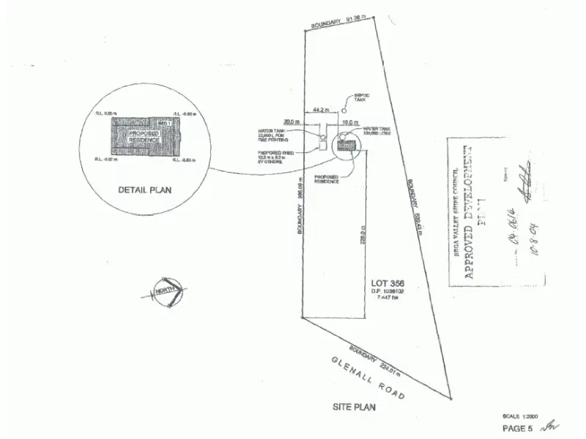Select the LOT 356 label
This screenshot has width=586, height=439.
coord(388,283)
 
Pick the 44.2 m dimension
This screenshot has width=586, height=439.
coord(319,109)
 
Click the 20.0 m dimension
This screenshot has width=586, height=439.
coord(293,121)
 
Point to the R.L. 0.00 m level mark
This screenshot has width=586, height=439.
coord(106,113)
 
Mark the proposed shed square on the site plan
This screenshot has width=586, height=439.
coord(322,145)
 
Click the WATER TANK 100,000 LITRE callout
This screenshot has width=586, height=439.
coord(376,132)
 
